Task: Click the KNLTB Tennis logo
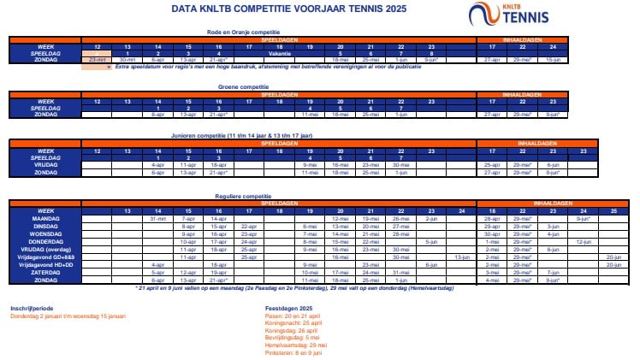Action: click(x=510, y=15)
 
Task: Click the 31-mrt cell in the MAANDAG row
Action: click(x=158, y=219)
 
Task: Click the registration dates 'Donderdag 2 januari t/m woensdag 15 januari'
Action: click(x=68, y=316)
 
